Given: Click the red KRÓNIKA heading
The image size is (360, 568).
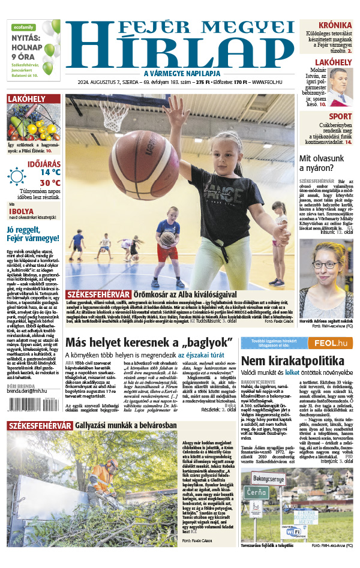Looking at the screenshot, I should click(x=335, y=25).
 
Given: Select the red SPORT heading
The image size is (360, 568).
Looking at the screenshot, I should click(x=340, y=116).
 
